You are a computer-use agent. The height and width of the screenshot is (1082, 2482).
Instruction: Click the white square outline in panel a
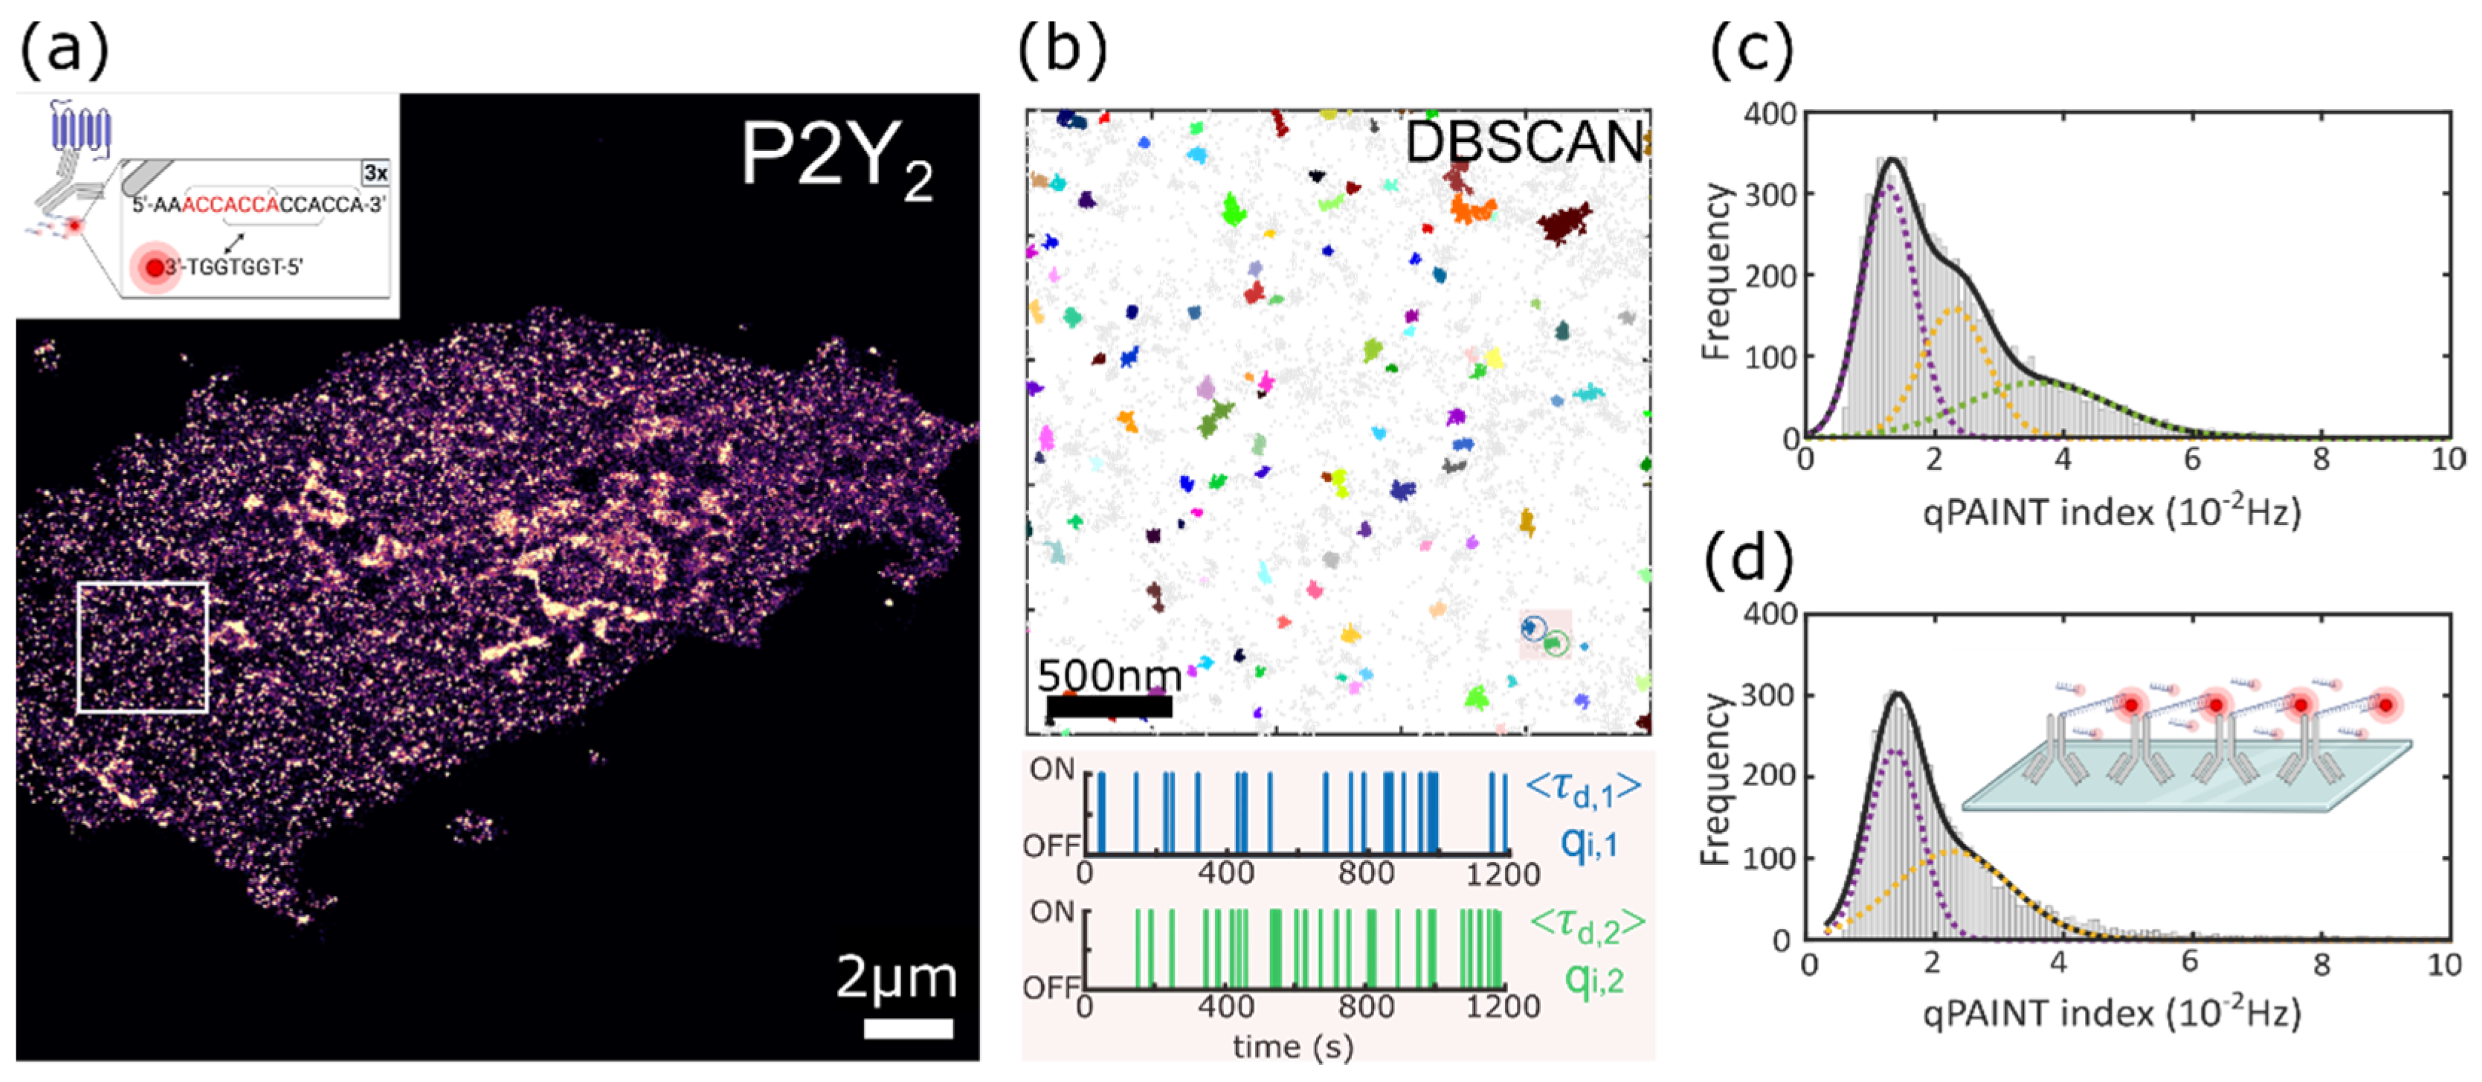coord(143,584)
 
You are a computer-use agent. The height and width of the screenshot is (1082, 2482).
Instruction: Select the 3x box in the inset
coord(375,173)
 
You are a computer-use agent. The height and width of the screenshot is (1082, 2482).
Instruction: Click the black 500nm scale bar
coord(1108,706)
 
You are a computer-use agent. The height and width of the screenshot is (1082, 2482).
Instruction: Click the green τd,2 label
coord(1587,926)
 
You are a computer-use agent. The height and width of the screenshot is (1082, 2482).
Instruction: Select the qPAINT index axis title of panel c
coord(2111,512)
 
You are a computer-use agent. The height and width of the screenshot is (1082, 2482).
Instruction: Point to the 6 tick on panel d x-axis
coord(2189,962)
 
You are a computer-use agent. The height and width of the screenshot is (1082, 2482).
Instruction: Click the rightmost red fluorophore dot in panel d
coord(2385,705)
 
